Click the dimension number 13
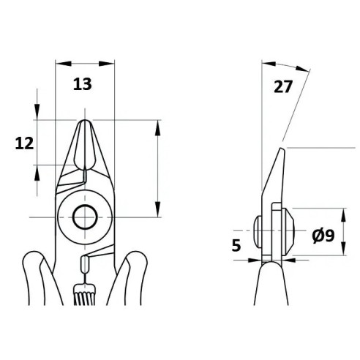[x=83, y=84]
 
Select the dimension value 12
[x=24, y=143]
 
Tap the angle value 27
[x=282, y=86]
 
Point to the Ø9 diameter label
[x=323, y=236]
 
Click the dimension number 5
[x=236, y=245]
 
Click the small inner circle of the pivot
[x=85, y=217]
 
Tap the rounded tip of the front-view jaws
[x=85, y=121]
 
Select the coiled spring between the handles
[x=80, y=294]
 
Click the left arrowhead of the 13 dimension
[x=64, y=64]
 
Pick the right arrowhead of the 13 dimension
[x=107, y=64]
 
